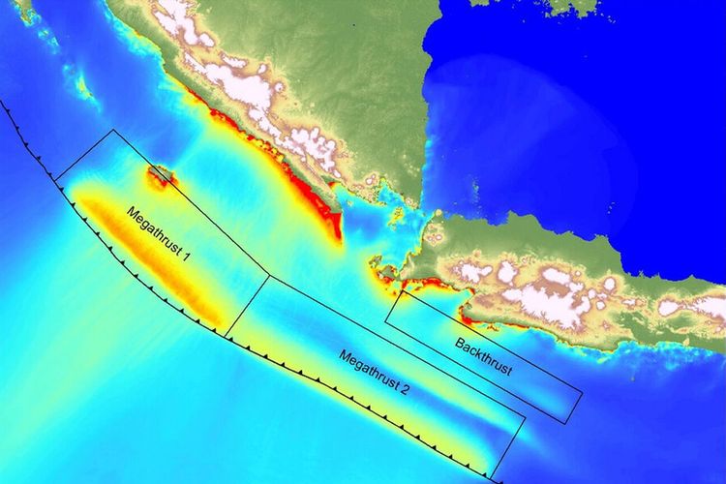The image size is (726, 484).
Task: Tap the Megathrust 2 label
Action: pos(378,382)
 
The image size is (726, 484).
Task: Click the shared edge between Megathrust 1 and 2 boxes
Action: pos(248,306)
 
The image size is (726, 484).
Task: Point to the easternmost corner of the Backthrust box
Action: pos(583,393)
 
